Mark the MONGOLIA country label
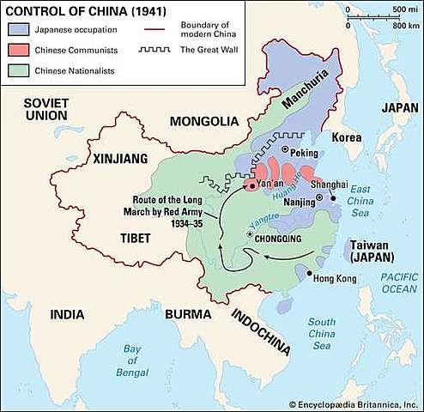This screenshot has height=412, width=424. (202, 121)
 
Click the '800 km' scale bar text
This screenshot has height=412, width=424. (397, 27)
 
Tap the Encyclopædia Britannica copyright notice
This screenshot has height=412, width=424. (354, 403)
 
